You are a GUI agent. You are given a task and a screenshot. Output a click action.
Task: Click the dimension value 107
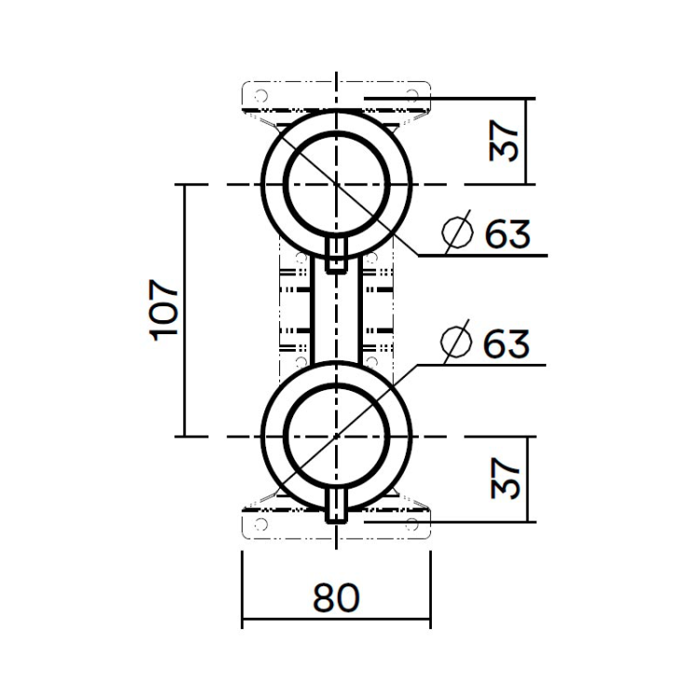[164, 310]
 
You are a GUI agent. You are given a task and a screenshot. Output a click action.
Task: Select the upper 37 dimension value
[504, 141]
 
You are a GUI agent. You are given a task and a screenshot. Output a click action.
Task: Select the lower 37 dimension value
[504, 477]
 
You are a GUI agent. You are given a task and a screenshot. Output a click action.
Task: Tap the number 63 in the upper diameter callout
[507, 234]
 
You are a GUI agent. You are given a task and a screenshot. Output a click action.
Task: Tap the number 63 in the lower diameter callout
[507, 343]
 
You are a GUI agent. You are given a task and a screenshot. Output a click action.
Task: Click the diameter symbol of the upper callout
[459, 234]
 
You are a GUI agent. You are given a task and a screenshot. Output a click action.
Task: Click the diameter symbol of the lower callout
[459, 343]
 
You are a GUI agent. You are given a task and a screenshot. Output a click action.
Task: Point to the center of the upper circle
[336, 183]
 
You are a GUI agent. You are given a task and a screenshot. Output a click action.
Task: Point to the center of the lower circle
[336, 436]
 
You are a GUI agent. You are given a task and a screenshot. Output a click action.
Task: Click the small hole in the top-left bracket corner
[261, 96]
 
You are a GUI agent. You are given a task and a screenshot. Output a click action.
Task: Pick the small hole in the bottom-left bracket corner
[261, 524]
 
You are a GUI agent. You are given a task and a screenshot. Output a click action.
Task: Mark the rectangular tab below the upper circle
[337, 253]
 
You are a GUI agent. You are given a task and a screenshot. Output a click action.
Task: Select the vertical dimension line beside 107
[184, 310]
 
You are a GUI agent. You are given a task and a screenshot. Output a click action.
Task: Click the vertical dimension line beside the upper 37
[527, 141]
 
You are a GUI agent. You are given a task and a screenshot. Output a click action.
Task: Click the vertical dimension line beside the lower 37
[527, 477]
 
